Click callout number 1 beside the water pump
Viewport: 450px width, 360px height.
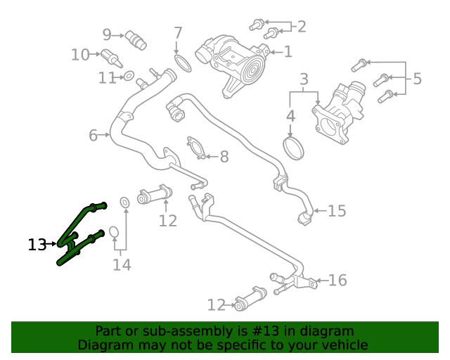pyautogui.click(x=288, y=51)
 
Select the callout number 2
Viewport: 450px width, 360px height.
pyautogui.click(x=302, y=27)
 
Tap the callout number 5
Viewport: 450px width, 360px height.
pyautogui.click(x=417, y=79)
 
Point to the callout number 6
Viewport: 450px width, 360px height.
pyautogui.click(x=93, y=135)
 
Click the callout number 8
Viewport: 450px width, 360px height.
pyautogui.click(x=224, y=157)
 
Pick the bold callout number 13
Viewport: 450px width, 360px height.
pyautogui.click(x=37, y=245)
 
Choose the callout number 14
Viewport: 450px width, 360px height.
pyautogui.click(x=122, y=264)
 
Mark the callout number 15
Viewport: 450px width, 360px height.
pyautogui.click(x=337, y=211)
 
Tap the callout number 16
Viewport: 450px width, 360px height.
pyautogui.click(x=337, y=281)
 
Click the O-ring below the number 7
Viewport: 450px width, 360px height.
pyautogui.click(x=182, y=64)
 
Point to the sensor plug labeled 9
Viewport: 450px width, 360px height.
pyautogui.click(x=134, y=39)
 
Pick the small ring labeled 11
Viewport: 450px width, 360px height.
pyautogui.click(x=129, y=75)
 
